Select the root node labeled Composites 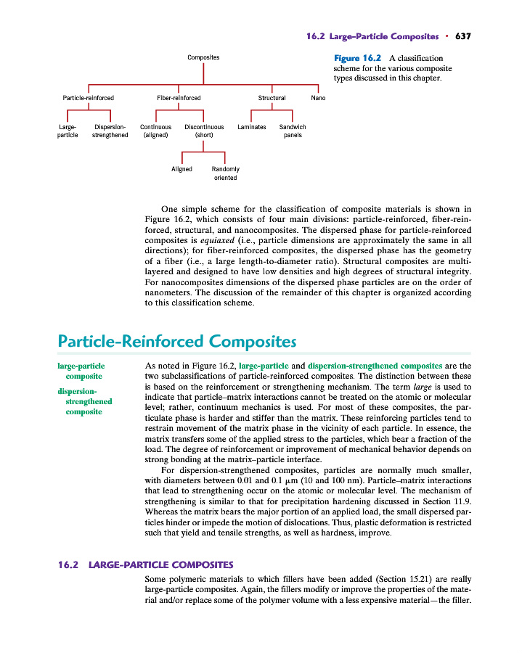pyautogui.click(x=203, y=57)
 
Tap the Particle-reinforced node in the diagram pyautogui.click(x=89, y=97)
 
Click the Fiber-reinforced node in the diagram pyautogui.click(x=179, y=97)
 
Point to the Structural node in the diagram pyautogui.click(x=272, y=97)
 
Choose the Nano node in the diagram pyautogui.click(x=318, y=97)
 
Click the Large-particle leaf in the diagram pyautogui.click(x=68, y=131)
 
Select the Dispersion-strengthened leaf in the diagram pyautogui.click(x=110, y=131)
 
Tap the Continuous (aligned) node pyautogui.click(x=155, y=131)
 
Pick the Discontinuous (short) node pyautogui.click(x=203, y=131)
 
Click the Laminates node pyautogui.click(x=251, y=127)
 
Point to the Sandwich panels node pyautogui.click(x=293, y=131)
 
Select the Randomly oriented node pyautogui.click(x=225, y=173)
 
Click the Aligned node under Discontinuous pyautogui.click(x=182, y=169)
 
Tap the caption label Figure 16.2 pyautogui.click(x=358, y=58)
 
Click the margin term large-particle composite pyautogui.click(x=81, y=371)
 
